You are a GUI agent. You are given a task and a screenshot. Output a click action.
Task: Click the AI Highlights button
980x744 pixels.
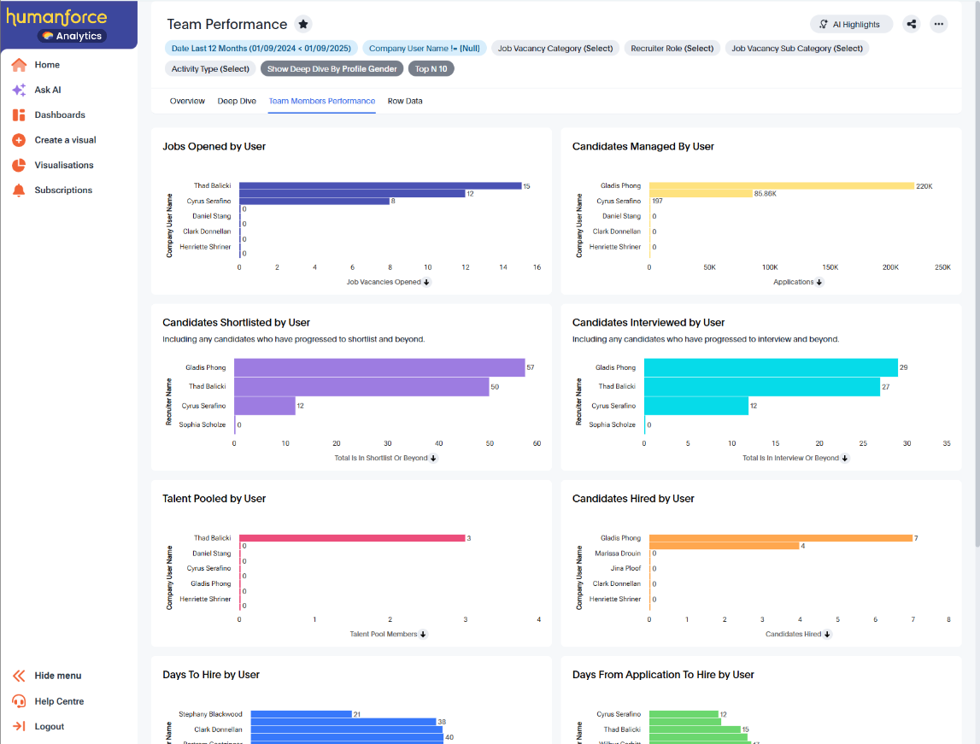(x=850, y=25)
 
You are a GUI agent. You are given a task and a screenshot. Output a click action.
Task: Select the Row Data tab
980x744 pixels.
(x=405, y=101)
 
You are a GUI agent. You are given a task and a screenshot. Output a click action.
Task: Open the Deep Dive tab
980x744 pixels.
(x=237, y=101)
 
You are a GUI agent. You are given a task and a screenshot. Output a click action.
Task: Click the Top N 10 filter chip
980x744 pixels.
(x=431, y=69)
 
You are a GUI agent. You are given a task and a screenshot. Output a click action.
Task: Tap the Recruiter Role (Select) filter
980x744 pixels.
(x=672, y=49)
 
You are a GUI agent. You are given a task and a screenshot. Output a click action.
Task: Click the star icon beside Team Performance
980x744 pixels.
(x=302, y=24)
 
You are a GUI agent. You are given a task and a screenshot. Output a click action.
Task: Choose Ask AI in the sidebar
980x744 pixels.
(x=48, y=90)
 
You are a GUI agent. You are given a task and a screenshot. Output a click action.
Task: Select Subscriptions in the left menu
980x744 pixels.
(x=63, y=190)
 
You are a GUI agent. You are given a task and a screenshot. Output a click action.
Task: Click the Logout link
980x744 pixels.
(x=49, y=726)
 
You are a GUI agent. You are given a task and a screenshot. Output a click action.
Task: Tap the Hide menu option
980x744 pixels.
(x=57, y=676)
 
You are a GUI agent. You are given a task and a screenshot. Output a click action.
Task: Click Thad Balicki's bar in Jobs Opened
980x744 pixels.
(x=380, y=185)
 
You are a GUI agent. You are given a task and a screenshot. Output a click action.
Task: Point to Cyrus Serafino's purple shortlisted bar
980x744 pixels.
(x=264, y=406)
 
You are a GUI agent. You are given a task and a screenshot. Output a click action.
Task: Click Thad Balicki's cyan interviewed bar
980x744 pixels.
(x=761, y=387)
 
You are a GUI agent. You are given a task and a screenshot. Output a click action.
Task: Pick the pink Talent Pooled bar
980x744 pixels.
(x=352, y=538)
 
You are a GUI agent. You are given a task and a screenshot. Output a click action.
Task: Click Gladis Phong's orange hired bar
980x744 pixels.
(x=780, y=538)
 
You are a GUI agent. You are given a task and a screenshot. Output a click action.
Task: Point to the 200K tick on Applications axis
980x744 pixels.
(x=890, y=267)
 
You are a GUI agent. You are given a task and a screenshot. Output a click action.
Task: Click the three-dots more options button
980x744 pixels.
(x=938, y=24)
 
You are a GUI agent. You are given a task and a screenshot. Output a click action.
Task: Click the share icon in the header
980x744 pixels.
(x=911, y=24)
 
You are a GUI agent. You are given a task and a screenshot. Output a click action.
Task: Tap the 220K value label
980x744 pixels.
(x=924, y=185)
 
